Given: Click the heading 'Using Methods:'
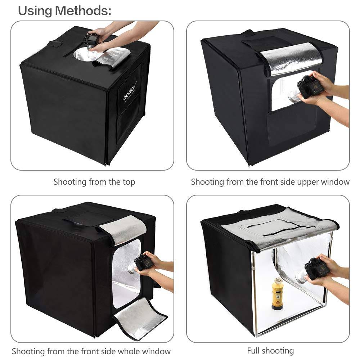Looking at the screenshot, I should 64,11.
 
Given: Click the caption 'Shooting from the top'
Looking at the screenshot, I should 94,182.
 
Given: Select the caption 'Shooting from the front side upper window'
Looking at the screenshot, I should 270,182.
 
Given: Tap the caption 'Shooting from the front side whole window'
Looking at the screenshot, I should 91,351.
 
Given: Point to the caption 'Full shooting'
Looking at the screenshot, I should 270,350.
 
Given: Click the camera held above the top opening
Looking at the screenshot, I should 92,39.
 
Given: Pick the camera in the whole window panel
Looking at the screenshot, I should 143,262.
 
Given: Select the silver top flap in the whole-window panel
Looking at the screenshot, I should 124,230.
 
